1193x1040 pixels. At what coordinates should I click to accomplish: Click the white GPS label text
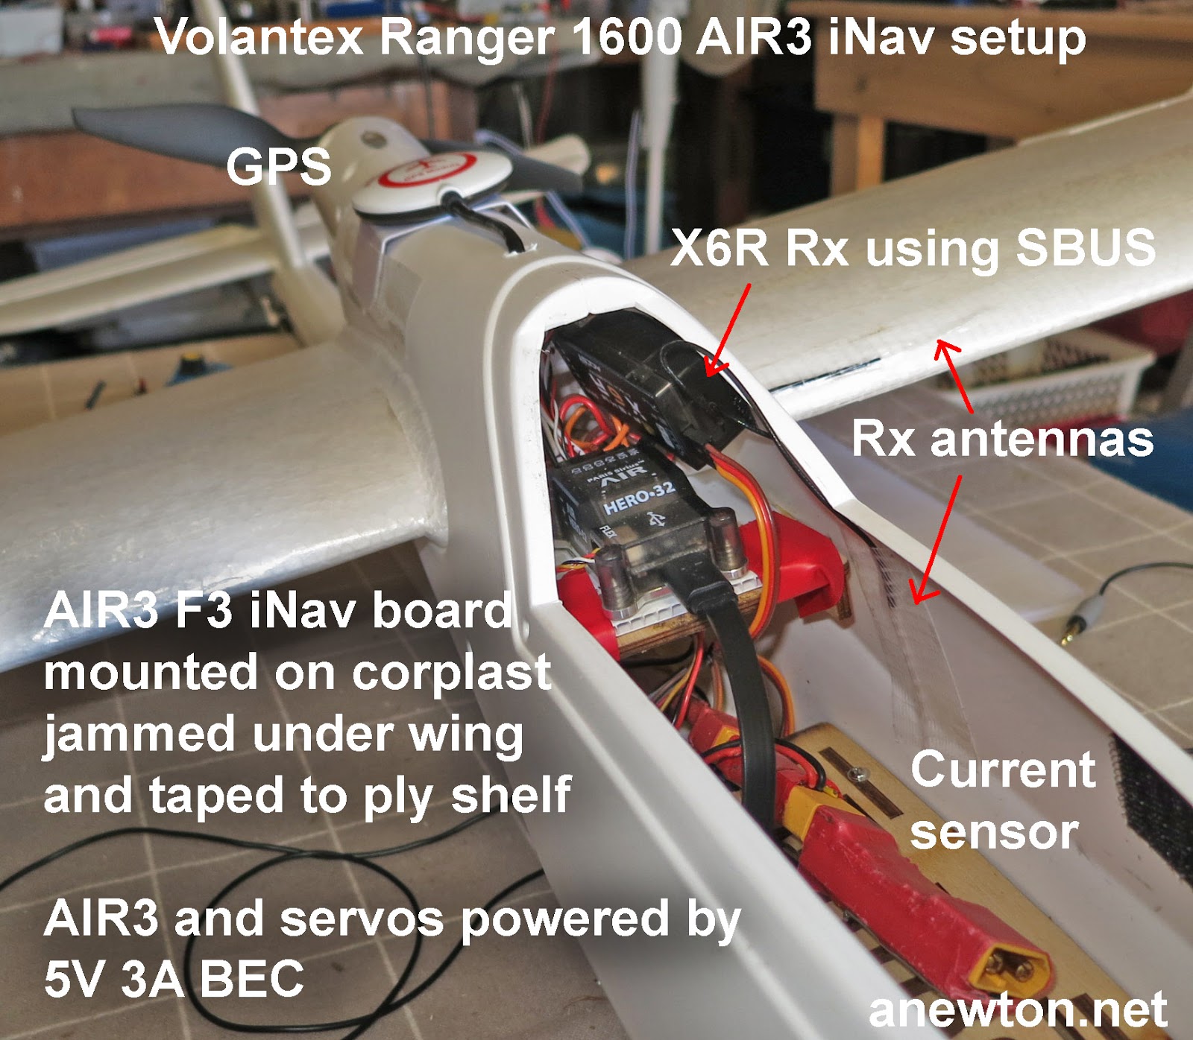coord(278,166)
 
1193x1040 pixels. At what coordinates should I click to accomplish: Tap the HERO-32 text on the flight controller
coord(639,497)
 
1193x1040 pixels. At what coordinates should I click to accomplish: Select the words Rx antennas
coord(1002,438)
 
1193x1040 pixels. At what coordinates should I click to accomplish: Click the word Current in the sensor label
coord(1002,770)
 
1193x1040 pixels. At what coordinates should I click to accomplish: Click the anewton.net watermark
coord(1017,1010)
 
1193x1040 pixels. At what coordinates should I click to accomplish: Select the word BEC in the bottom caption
coord(252,979)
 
